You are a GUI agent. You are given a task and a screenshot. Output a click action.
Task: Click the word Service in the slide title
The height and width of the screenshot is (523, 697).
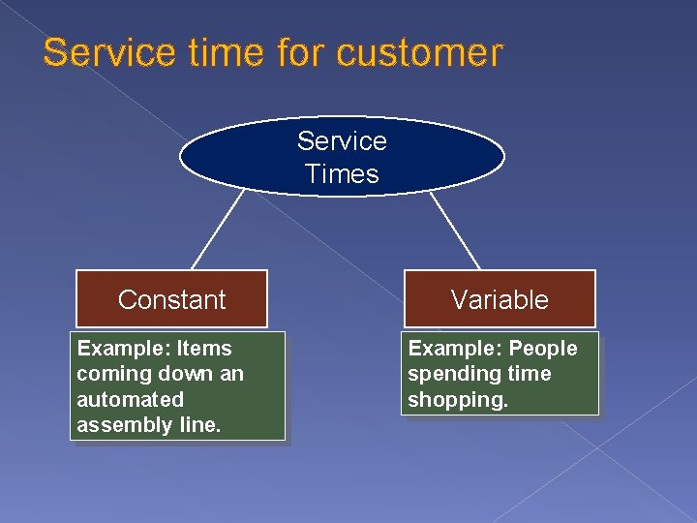(x=101, y=52)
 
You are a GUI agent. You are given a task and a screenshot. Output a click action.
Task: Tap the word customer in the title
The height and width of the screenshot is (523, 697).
(x=420, y=52)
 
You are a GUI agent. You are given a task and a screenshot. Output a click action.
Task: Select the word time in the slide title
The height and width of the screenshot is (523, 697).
(x=219, y=52)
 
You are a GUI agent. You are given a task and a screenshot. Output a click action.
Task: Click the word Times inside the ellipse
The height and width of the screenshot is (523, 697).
(x=342, y=174)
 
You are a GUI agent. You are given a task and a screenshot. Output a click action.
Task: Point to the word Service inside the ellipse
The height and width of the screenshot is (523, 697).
(x=342, y=141)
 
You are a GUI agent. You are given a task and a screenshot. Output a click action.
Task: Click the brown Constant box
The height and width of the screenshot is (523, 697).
(x=171, y=299)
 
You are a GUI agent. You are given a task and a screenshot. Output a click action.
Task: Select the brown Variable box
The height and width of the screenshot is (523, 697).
(x=499, y=299)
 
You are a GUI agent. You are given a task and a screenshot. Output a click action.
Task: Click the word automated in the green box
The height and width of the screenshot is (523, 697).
(x=130, y=399)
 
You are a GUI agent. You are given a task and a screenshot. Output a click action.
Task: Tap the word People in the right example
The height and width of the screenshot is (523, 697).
(x=543, y=349)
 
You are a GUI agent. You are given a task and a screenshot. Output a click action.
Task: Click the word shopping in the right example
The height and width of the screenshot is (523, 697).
(x=458, y=399)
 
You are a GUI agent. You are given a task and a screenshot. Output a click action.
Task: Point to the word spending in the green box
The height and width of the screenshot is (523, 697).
(x=447, y=374)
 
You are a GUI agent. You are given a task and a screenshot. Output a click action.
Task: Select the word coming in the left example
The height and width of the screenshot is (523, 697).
(x=106, y=374)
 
